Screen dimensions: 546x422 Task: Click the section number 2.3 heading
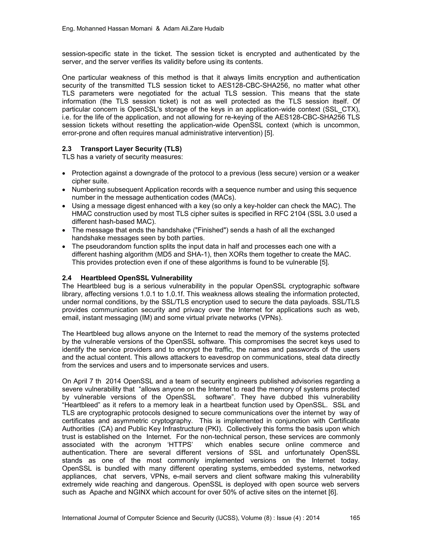coord(67,149)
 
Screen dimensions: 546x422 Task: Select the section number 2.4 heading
coord(67,278)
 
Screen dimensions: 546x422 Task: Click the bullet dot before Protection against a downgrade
coord(64,173)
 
